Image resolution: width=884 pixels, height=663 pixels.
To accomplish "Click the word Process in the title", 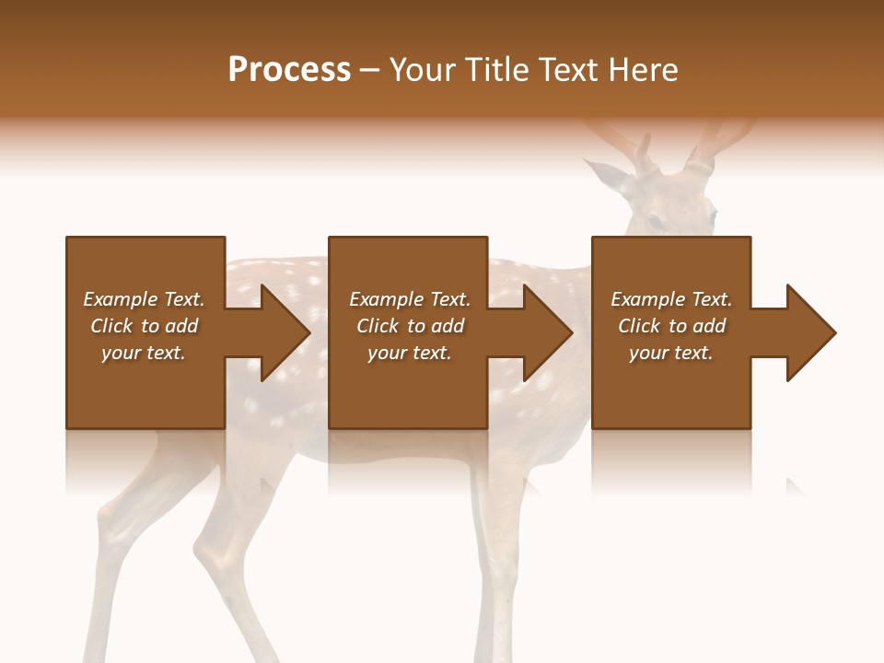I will pyautogui.click(x=289, y=70).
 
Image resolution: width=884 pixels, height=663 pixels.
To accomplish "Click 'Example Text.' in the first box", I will pyautogui.click(x=144, y=299).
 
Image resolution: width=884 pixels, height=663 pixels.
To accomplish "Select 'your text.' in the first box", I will pyautogui.click(x=144, y=353).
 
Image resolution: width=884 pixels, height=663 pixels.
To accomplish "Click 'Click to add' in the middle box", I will pyautogui.click(x=410, y=326).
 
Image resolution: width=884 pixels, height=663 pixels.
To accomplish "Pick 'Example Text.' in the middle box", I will pyautogui.click(x=410, y=299).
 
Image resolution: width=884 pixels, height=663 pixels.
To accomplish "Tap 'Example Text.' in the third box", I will pyautogui.click(x=671, y=299).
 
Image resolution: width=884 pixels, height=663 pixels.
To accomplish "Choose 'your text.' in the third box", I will pyautogui.click(x=671, y=353).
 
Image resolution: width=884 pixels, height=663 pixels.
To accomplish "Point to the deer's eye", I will pyautogui.click(x=655, y=222).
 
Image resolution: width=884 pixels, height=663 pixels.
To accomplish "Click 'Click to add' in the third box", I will pyautogui.click(x=671, y=326).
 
